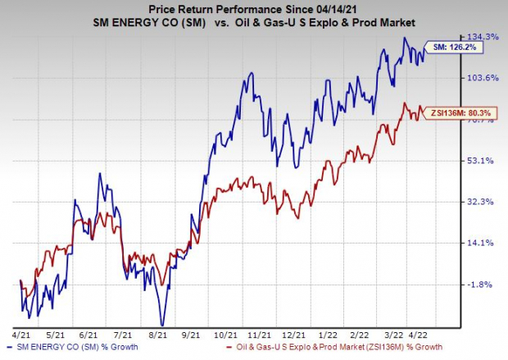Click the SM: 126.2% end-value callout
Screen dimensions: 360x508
point(452,48)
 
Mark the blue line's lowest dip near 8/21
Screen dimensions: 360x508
point(163,325)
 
